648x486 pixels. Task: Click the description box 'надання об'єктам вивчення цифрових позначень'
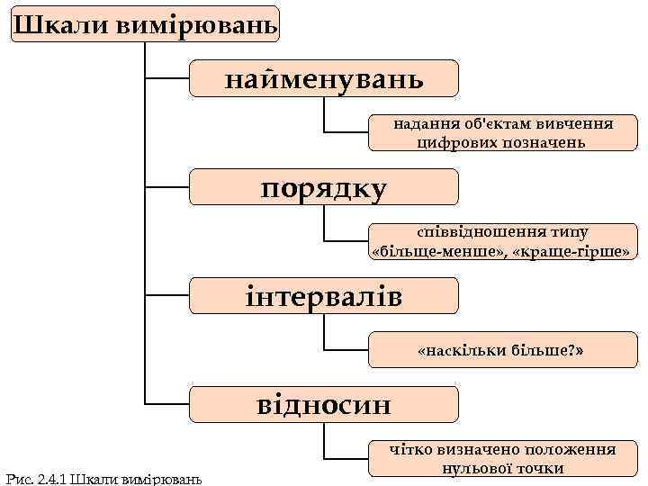point(503,132)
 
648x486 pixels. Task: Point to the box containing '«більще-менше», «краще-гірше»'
point(503,241)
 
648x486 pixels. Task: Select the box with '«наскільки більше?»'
point(503,349)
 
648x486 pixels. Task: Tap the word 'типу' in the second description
point(566,231)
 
